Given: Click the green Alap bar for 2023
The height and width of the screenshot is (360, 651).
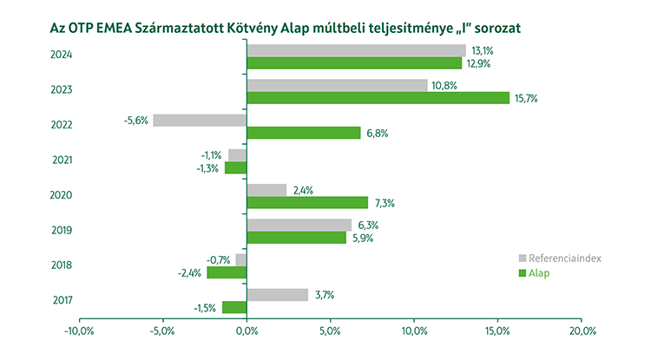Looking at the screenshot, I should coord(378,98).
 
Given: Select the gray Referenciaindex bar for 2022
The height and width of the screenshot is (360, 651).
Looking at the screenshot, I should coord(200,121).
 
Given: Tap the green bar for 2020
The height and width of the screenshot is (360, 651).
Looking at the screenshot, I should coord(307,203).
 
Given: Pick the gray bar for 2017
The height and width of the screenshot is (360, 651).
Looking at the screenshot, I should coord(278,295).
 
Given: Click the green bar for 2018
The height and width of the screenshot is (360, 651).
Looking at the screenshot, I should coord(227,272).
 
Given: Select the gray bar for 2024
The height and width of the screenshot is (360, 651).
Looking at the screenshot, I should coord(356,51).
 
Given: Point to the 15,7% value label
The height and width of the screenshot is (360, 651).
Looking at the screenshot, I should coord(527,98).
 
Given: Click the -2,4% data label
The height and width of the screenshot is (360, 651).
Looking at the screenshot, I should coord(191,272).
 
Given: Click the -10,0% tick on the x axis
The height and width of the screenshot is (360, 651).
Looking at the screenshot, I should coord(80,331).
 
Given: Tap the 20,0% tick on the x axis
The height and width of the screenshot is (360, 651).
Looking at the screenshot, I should coord(582,331).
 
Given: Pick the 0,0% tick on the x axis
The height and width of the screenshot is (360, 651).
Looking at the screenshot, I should coord(247,331).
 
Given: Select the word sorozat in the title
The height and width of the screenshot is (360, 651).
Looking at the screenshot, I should coord(495,27).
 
